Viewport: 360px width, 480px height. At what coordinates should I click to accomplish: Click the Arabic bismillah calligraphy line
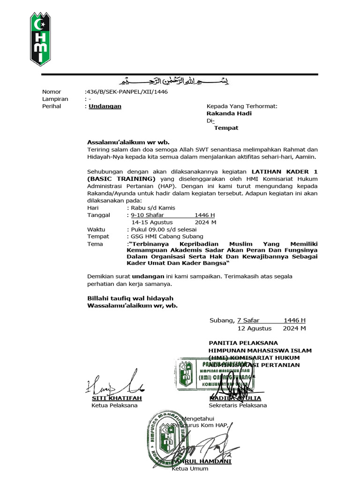[180, 82]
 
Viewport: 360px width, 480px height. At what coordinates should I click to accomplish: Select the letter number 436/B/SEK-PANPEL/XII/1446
[127, 92]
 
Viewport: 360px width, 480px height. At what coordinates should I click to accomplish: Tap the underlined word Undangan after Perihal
[105, 106]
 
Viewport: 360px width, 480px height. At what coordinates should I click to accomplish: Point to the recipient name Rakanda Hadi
[229, 113]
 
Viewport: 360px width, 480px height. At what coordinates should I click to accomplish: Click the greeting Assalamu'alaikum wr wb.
[128, 142]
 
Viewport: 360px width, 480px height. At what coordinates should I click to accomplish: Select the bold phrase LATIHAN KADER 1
[284, 172]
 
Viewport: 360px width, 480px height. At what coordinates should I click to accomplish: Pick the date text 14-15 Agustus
[152, 222]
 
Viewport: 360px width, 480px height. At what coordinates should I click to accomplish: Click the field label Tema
[96, 244]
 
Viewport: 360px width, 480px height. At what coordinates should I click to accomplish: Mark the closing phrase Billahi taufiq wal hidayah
[130, 298]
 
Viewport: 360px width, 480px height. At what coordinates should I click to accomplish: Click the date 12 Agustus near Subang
[255, 328]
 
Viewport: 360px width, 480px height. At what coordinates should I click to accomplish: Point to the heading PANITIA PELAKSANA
[243, 343]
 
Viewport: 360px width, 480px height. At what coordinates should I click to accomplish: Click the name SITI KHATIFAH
[116, 398]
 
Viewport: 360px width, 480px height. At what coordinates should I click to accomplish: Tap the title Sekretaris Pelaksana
[238, 405]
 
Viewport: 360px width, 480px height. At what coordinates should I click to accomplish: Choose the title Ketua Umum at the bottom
[190, 469]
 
